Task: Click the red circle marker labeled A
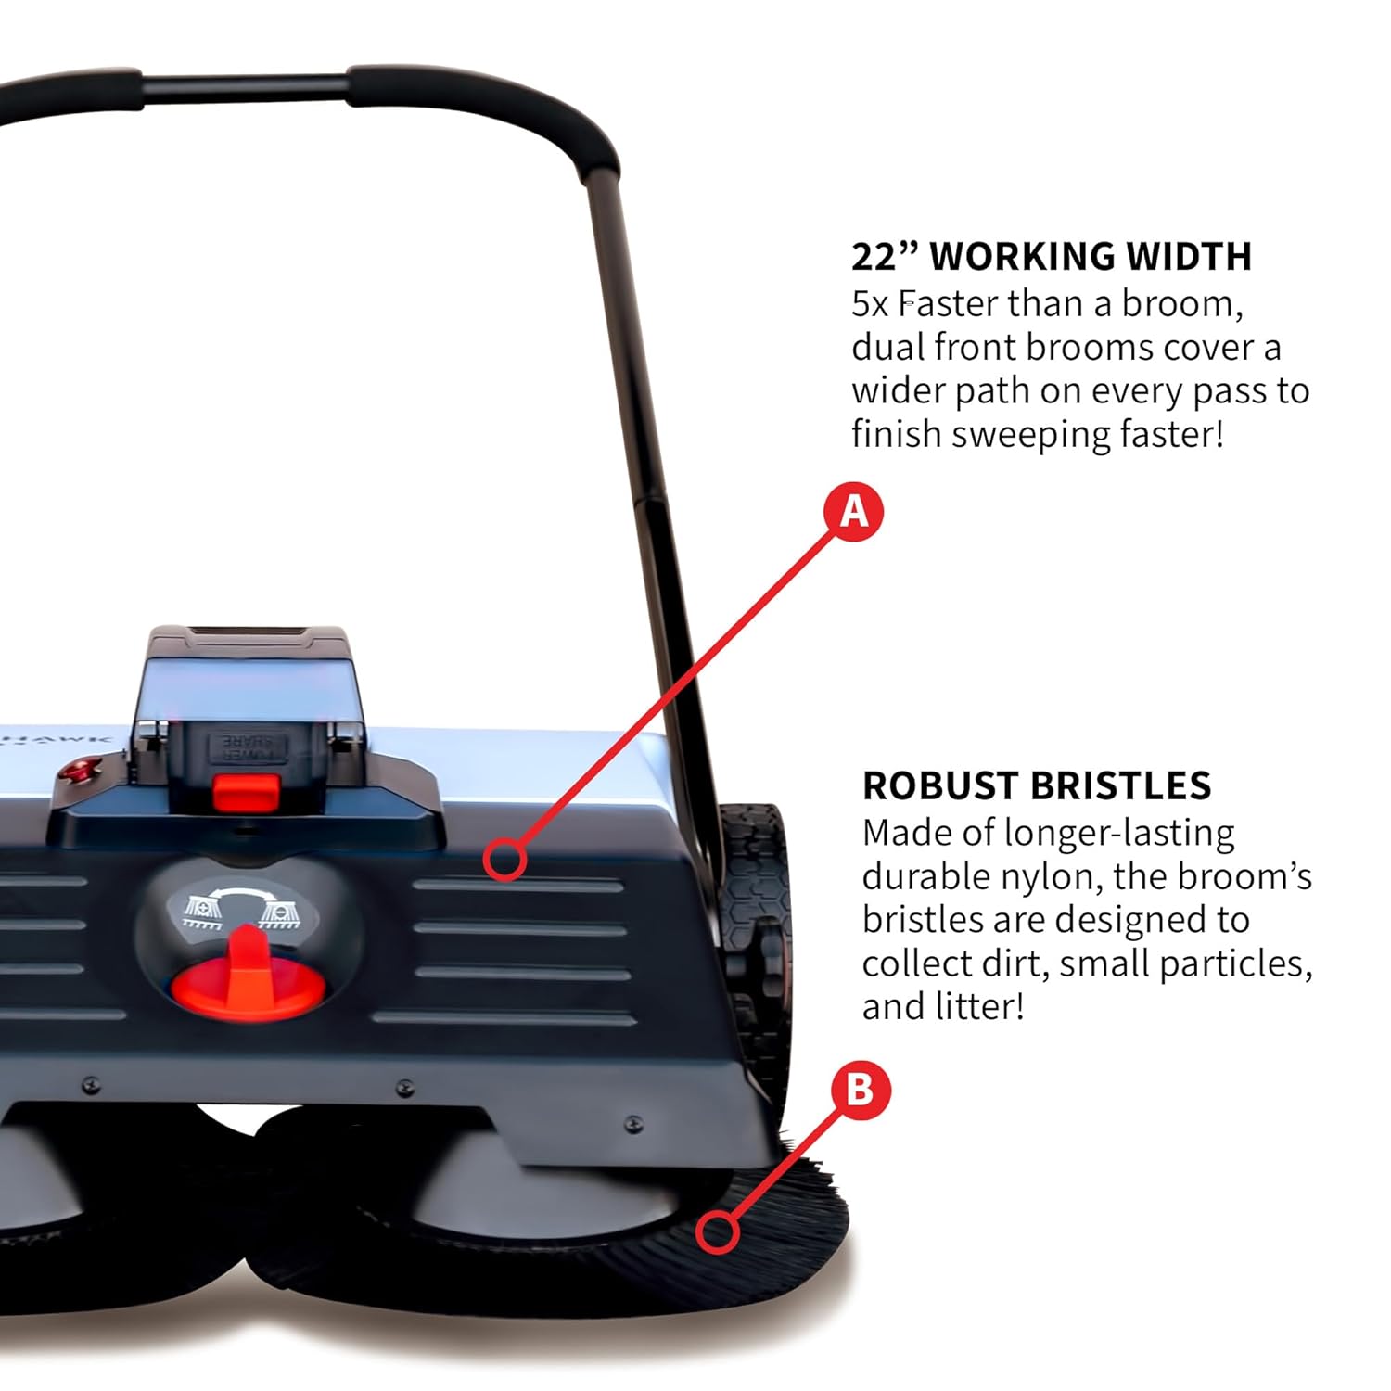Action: [x=854, y=512]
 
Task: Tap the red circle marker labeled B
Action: [x=860, y=1090]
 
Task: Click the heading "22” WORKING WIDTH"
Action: [x=1052, y=257]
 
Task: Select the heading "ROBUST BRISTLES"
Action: [x=1036, y=785]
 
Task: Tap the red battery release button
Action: [x=247, y=792]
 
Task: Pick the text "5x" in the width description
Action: [x=870, y=304]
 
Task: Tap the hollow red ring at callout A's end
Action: [x=504, y=859]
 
